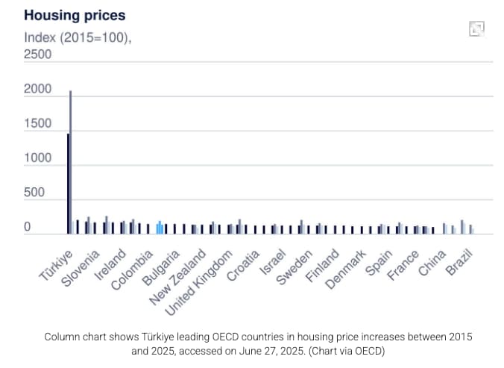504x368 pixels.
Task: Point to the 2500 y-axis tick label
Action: pyautogui.click(x=38, y=54)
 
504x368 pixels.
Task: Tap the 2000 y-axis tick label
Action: pyautogui.click(x=38, y=90)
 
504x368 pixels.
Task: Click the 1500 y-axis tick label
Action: pyautogui.click(x=38, y=124)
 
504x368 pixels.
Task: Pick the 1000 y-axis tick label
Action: pyautogui.click(x=38, y=158)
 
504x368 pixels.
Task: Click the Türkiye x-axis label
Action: pyautogui.click(x=57, y=263)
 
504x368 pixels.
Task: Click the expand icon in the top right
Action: pyautogui.click(x=476, y=28)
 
